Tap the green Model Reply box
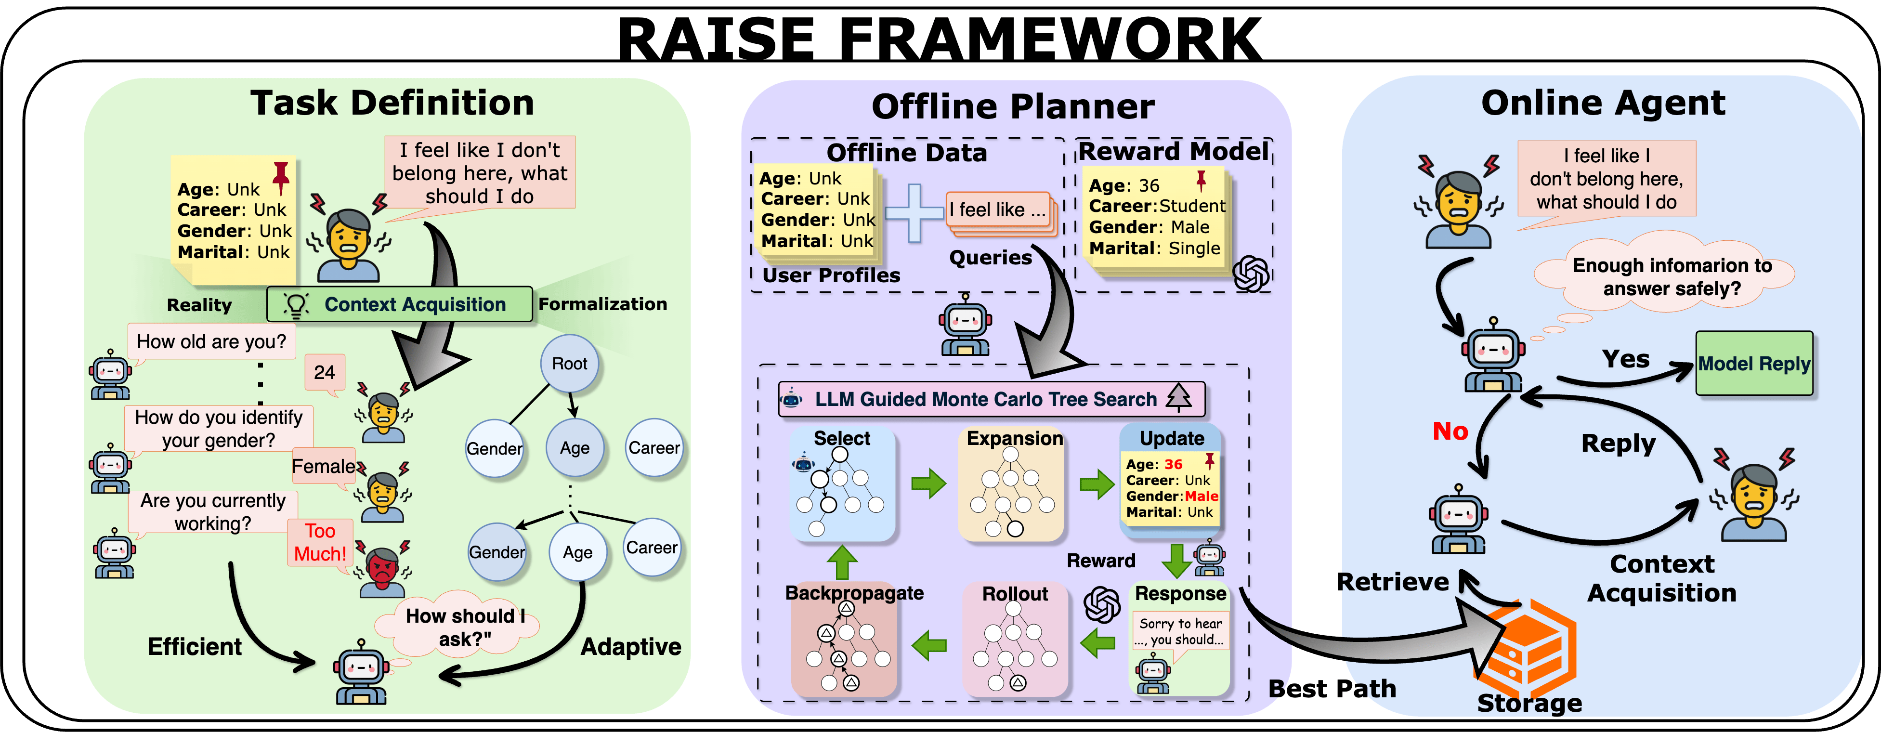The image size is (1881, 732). pyautogui.click(x=1753, y=363)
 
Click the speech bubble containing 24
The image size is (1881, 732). pyautogui.click(x=324, y=373)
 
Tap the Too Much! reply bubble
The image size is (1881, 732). pyautogui.click(x=320, y=542)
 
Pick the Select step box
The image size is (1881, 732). pyautogui.click(x=842, y=484)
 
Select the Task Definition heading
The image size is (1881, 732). pyautogui.click(x=392, y=102)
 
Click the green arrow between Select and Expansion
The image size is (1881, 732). pyautogui.click(x=928, y=483)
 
